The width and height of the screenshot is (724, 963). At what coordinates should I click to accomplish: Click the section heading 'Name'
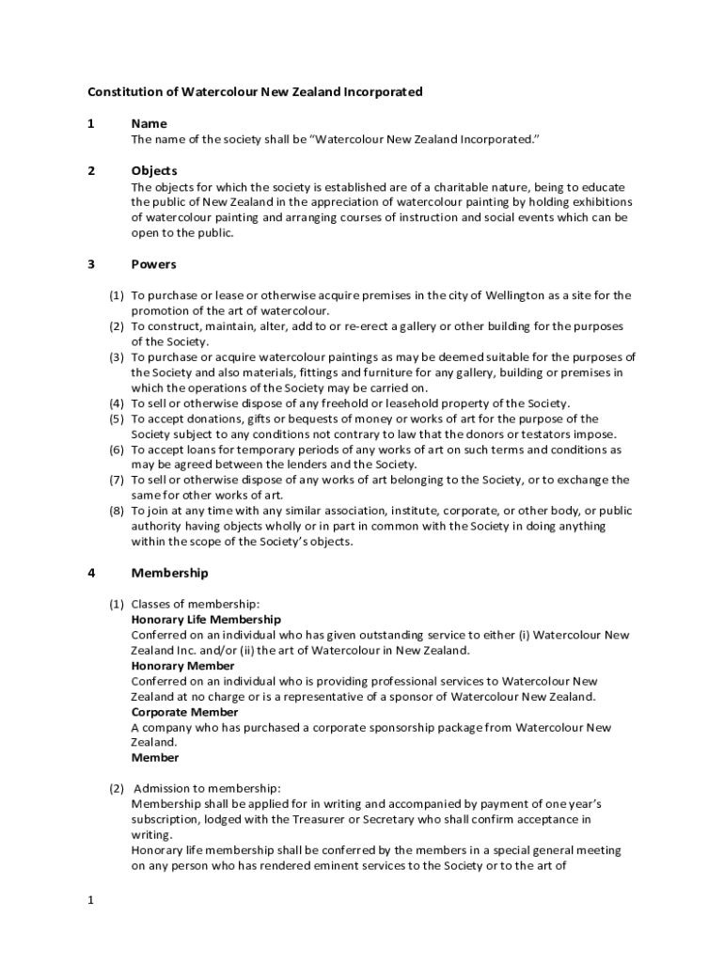click(x=149, y=124)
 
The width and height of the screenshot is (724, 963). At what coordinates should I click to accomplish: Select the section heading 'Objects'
click(x=153, y=171)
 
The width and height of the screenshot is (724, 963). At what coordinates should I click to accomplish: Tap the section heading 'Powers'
click(x=153, y=265)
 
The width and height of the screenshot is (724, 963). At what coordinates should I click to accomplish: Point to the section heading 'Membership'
click(x=169, y=574)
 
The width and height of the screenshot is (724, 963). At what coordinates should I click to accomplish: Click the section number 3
click(x=91, y=265)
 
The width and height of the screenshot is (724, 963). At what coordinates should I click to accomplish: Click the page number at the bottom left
click(x=91, y=901)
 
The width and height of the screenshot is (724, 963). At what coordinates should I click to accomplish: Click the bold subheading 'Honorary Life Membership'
click(x=205, y=620)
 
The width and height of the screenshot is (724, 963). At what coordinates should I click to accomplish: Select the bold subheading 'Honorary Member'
click(x=182, y=666)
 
